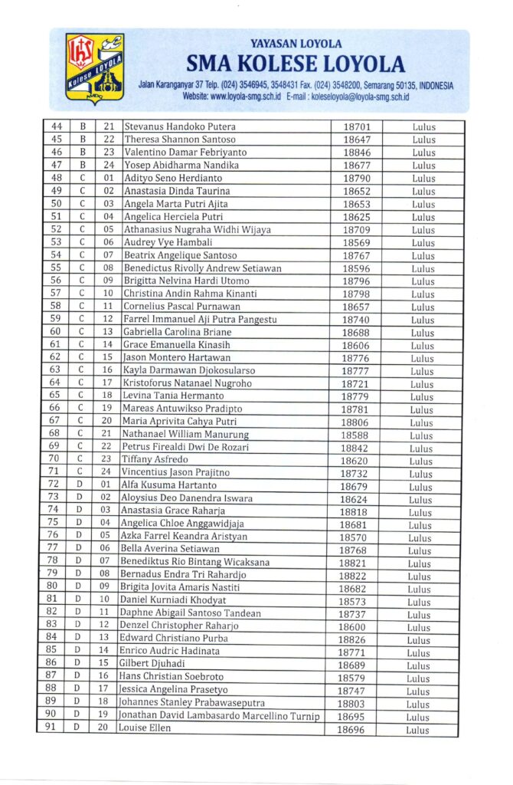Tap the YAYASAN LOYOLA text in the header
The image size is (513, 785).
pos(296,44)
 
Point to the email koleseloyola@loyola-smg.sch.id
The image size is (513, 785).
pos(361,97)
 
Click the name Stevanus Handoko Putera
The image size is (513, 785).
pos(180,126)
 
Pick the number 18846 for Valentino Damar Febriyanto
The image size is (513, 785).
pos(357,153)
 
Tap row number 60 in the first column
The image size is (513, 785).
pos(56,332)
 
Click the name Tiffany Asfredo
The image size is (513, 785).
pos(155,460)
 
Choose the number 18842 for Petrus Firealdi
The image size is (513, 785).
pos(355,448)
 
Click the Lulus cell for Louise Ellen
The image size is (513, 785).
pos(418,730)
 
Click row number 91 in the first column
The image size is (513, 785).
pos(51,728)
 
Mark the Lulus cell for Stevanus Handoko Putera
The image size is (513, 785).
pos(423,127)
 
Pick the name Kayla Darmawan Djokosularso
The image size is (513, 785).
pos(189,370)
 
